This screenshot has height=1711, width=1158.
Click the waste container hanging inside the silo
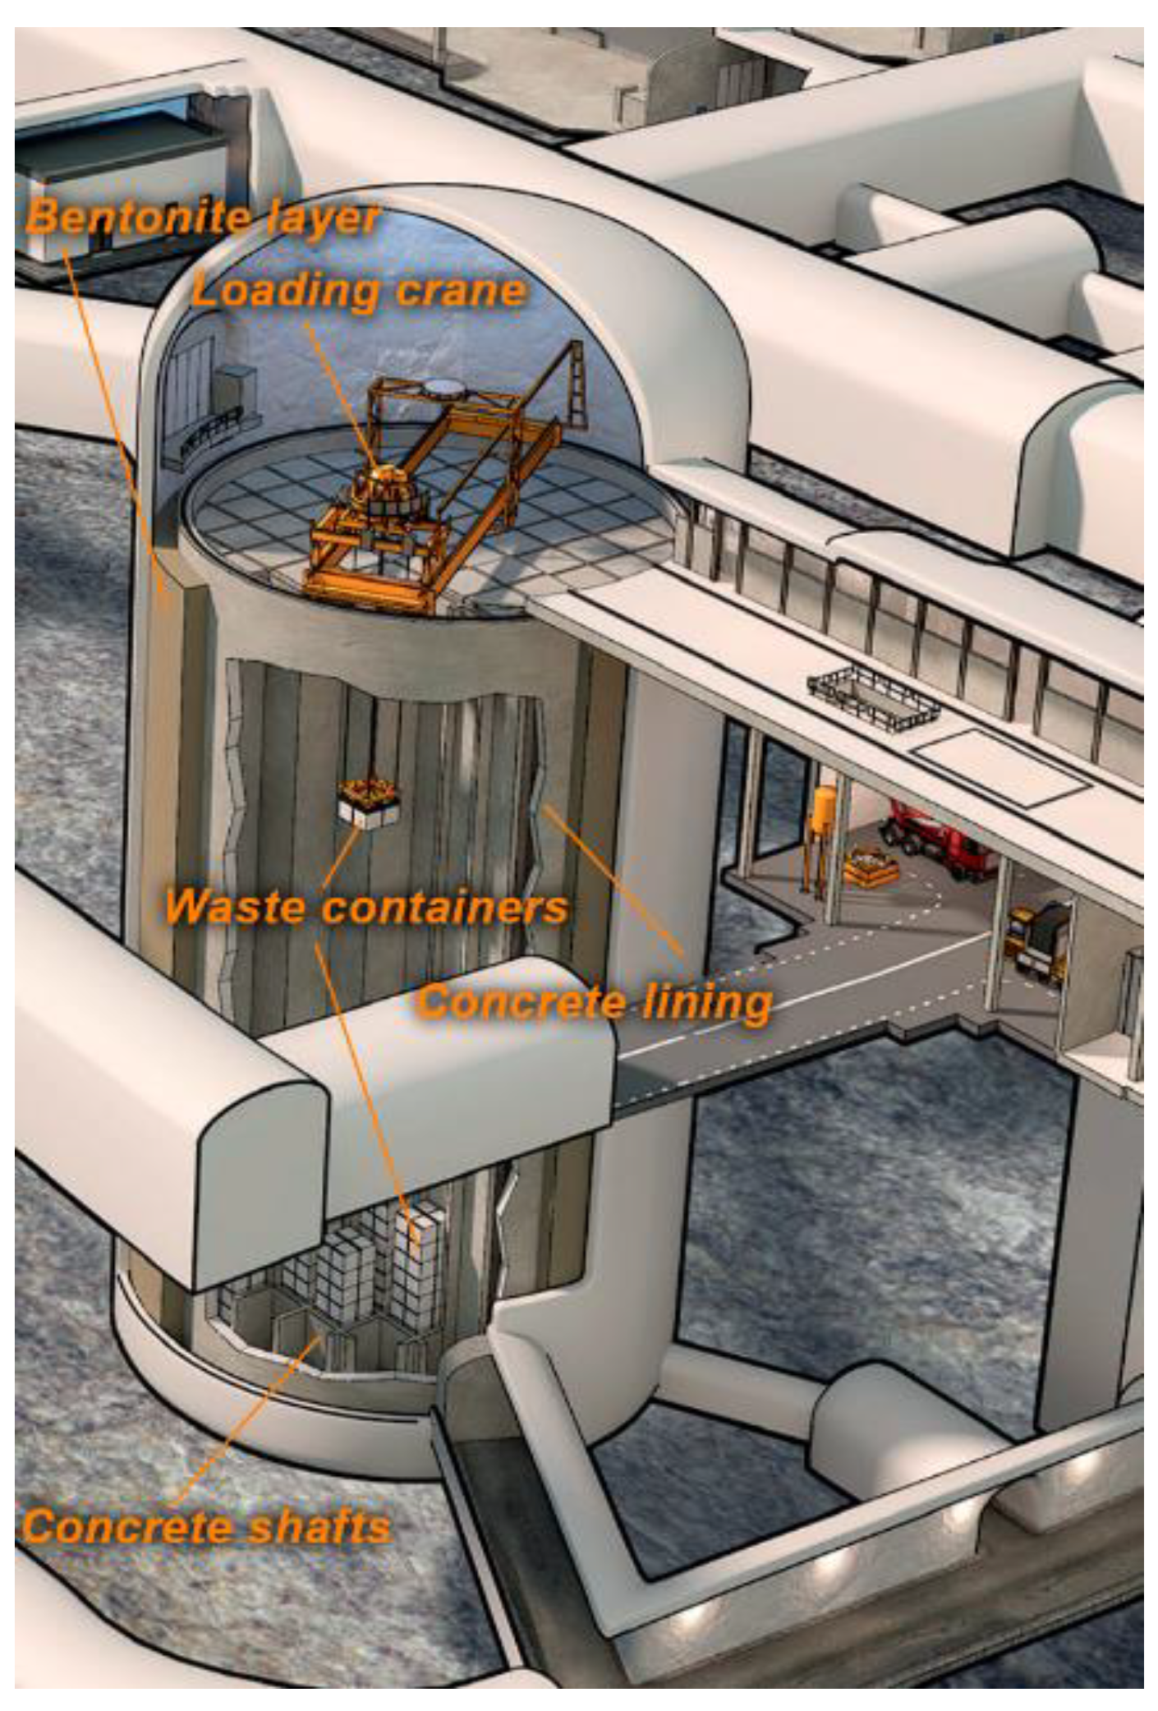point(369,802)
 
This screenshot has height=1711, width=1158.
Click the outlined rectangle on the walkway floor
point(1002,769)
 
